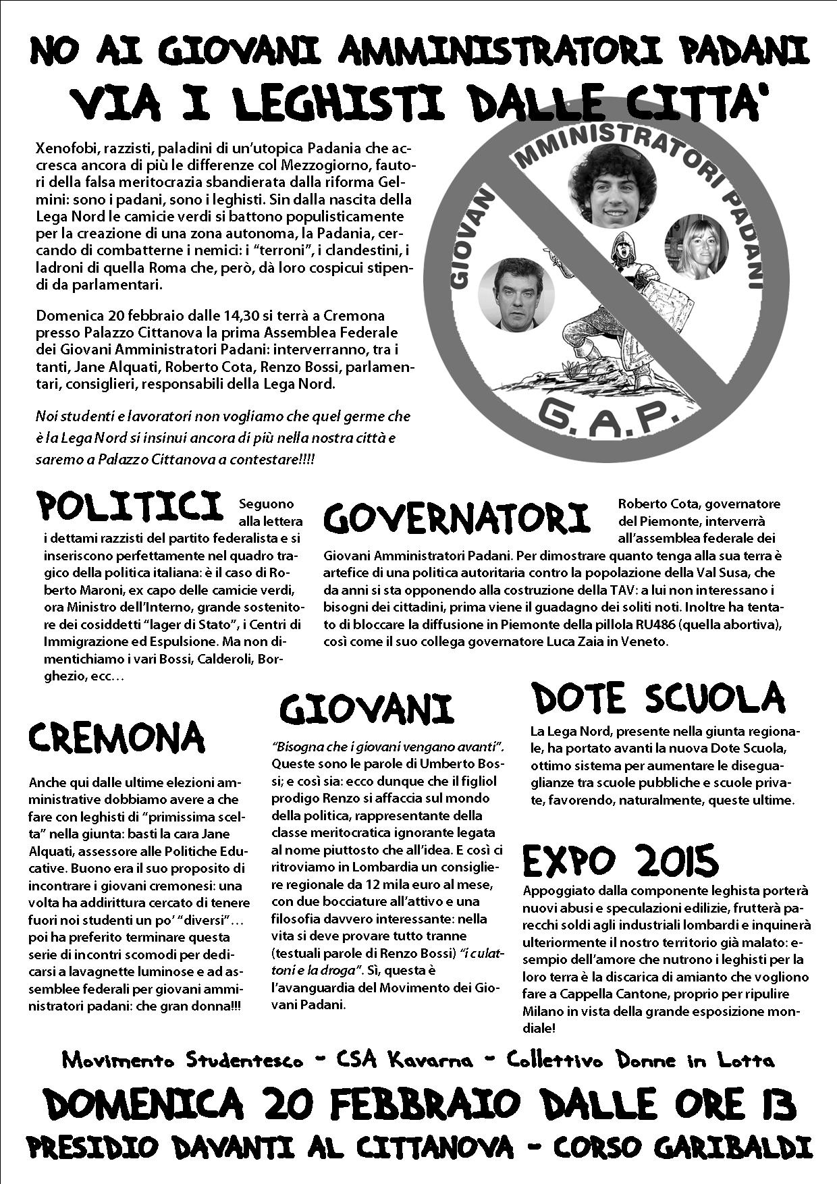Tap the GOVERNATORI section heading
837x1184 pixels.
[x=456, y=518]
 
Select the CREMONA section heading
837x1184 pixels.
[x=116, y=736]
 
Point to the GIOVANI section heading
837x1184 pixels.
[x=366, y=709]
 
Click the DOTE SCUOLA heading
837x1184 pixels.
[x=658, y=698]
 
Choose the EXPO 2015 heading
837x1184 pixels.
[x=620, y=861]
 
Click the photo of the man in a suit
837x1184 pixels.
[x=516, y=294]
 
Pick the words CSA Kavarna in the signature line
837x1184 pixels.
[x=404, y=1060]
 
